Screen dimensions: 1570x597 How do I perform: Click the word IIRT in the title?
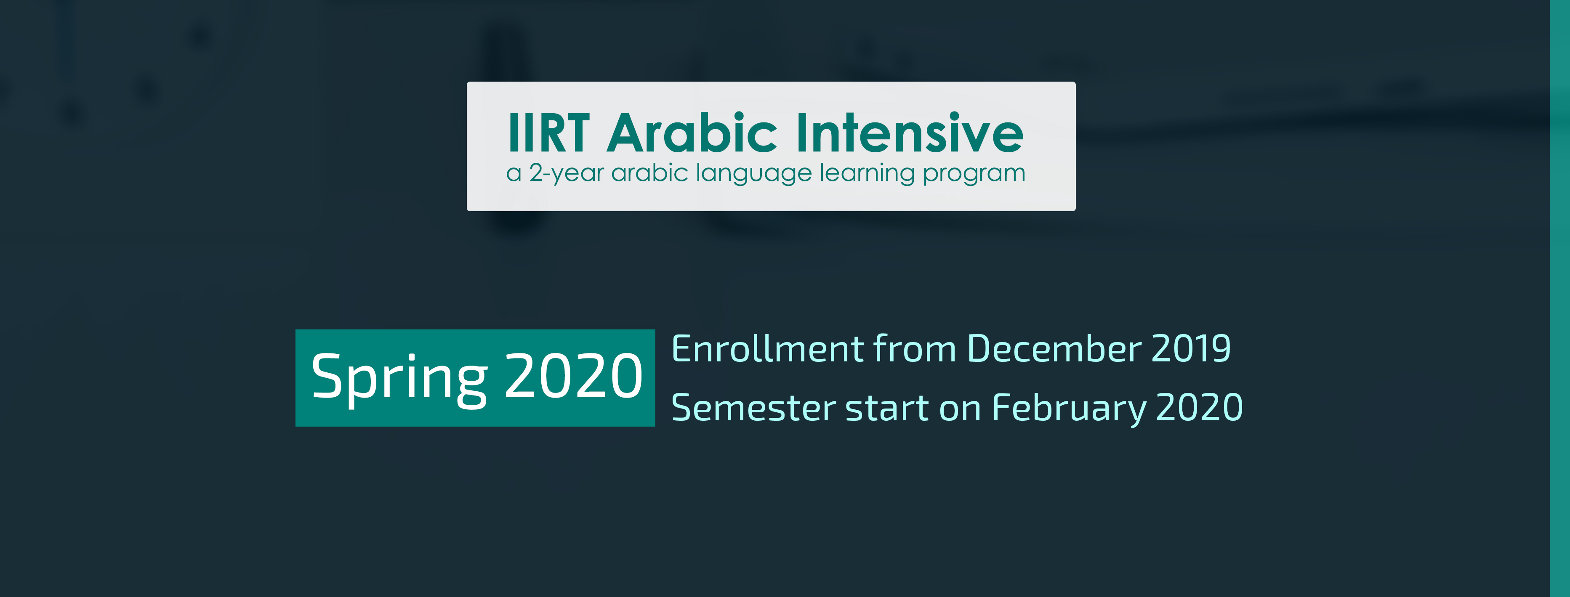click(548, 133)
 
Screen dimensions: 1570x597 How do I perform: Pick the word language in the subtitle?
click(754, 174)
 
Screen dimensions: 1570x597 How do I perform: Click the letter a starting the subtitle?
click(514, 175)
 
